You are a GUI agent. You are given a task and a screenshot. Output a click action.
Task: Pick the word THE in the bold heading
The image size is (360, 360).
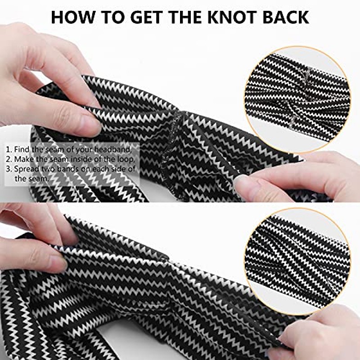(186, 17)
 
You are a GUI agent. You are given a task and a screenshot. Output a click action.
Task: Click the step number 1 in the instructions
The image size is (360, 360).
(8, 149)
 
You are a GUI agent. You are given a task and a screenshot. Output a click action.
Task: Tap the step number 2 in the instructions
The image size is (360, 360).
(9, 159)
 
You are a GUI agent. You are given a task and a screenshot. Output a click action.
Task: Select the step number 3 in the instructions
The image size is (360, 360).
(9, 169)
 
